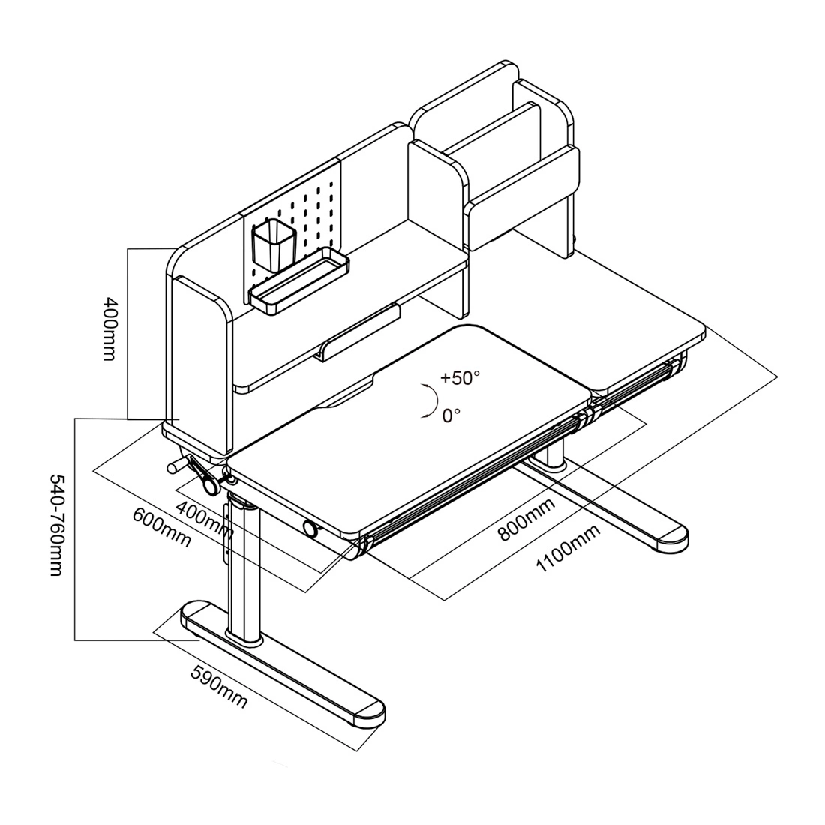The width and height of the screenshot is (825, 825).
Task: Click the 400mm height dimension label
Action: pos(109,329)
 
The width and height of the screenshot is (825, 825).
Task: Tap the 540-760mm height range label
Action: pos(56,525)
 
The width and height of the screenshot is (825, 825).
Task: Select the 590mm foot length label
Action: pos(218,685)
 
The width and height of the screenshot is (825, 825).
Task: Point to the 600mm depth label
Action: pos(160,527)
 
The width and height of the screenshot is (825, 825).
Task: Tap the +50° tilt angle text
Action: pos(459,377)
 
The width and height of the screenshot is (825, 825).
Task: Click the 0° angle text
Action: pos(450,414)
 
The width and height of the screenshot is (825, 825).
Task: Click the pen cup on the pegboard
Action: pos(274,245)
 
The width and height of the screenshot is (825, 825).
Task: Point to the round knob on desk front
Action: pos(309,529)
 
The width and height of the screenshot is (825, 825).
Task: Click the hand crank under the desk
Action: pos(196,472)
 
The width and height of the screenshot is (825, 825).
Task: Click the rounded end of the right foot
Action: pos(672,535)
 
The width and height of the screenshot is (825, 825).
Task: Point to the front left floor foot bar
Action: pos(285,660)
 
